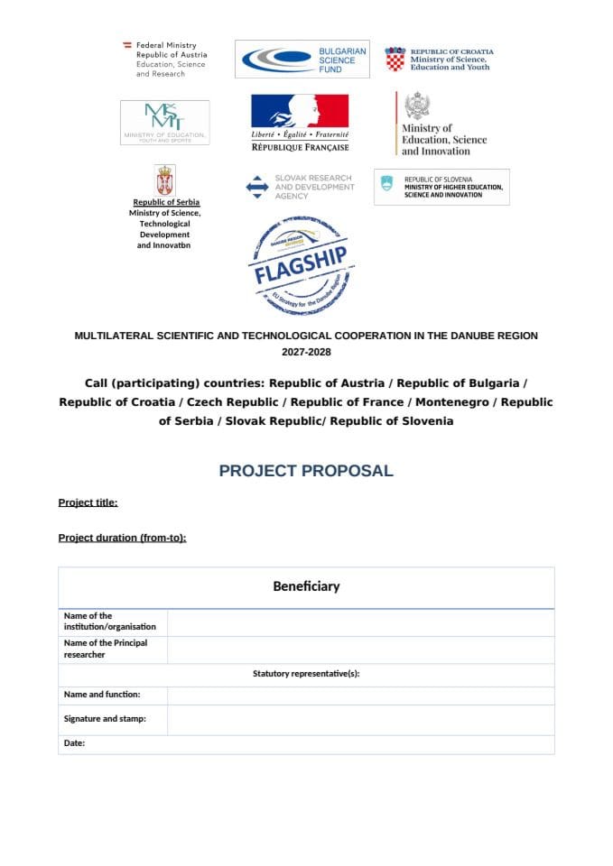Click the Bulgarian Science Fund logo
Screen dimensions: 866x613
(302, 59)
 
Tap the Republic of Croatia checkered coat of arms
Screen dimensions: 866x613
(395, 59)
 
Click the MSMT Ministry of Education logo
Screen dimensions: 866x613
(164, 122)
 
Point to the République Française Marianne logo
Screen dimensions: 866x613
(300, 122)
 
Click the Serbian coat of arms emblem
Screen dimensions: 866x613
(165, 180)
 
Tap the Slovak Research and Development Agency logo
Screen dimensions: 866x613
(300, 187)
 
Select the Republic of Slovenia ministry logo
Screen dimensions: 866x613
(441, 187)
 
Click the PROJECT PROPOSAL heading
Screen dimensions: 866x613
(306, 471)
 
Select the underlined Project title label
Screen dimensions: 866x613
(88, 502)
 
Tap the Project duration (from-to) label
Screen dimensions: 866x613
(122, 538)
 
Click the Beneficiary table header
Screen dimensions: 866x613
(306, 586)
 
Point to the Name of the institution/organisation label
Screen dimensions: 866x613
(109, 622)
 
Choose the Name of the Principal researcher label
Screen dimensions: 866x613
(105, 649)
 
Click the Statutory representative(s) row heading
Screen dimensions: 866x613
(306, 674)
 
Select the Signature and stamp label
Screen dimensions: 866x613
(105, 719)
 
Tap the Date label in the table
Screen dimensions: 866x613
(74, 743)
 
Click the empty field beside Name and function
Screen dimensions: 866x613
(360, 695)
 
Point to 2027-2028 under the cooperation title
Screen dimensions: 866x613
(306, 352)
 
